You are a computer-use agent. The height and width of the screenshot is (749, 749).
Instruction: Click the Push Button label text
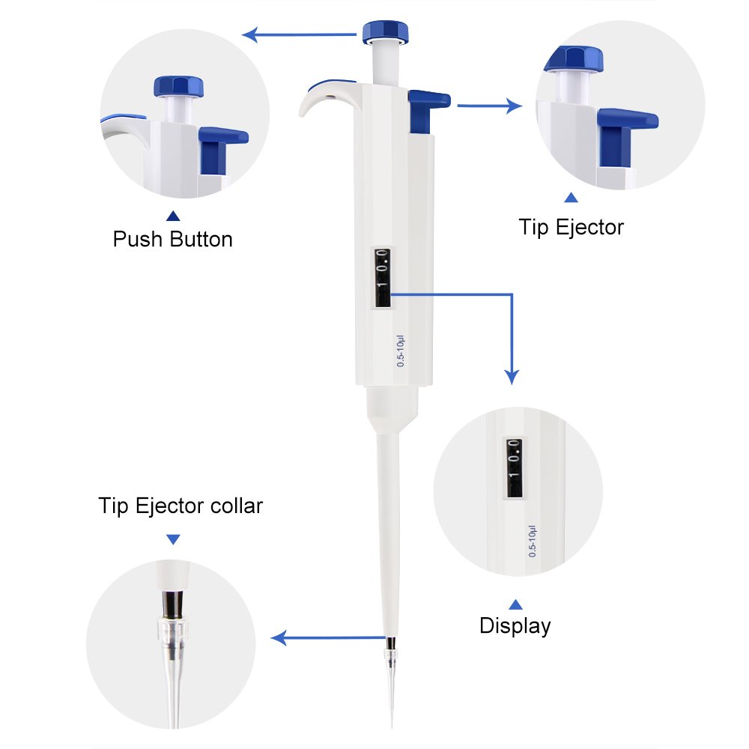click(172, 240)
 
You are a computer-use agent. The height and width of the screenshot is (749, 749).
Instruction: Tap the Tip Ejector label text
click(571, 227)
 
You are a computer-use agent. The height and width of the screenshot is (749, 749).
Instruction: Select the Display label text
click(515, 625)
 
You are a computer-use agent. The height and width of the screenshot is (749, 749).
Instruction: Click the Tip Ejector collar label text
click(181, 506)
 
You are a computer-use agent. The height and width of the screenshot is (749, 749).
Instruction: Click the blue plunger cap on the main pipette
click(386, 32)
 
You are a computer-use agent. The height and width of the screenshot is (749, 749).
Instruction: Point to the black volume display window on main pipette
click(382, 278)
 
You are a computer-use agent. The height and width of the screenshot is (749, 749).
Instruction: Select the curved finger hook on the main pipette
click(322, 97)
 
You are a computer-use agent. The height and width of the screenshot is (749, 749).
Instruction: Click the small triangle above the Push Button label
click(173, 216)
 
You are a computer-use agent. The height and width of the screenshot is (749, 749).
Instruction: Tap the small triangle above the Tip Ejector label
click(571, 198)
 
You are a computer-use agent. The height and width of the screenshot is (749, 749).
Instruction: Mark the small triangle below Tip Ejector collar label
click(174, 539)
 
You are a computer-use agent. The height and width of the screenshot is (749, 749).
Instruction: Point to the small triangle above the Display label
click(515, 604)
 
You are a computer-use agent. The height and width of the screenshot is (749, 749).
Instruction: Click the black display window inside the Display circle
click(514, 467)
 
